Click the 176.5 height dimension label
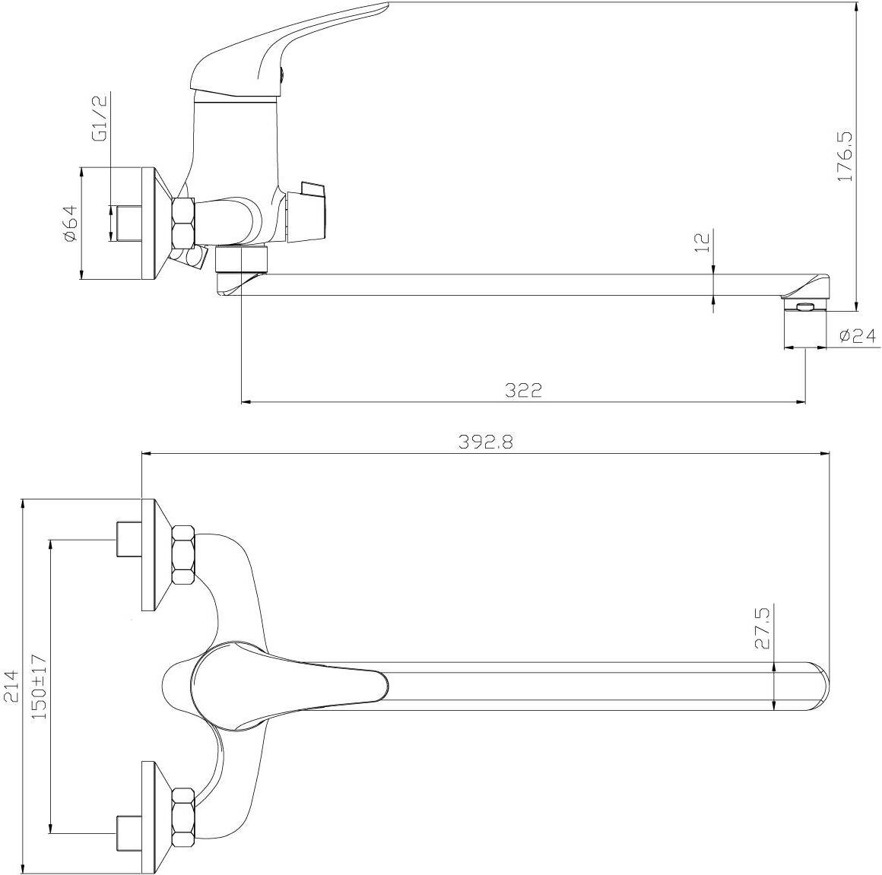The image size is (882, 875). click(x=846, y=157)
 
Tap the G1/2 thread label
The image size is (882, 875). click(x=100, y=119)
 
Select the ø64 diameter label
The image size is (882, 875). click(x=71, y=224)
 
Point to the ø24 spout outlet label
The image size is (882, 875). click(x=857, y=336)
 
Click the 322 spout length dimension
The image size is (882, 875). click(x=522, y=390)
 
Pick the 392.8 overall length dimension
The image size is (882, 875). click(x=486, y=442)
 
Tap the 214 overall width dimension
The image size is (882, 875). click(x=12, y=686)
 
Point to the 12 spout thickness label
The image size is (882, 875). click(x=703, y=242)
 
